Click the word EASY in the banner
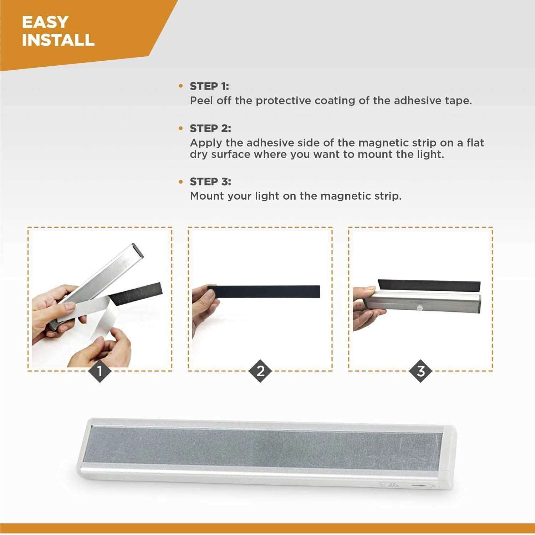point(45,22)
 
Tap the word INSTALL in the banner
point(58,40)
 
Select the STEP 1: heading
point(209,86)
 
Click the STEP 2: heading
point(210,128)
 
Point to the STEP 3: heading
point(210,182)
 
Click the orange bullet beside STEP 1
point(181,86)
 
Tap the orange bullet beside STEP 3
point(181,182)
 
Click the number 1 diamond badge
point(100,371)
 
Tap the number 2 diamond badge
point(260,371)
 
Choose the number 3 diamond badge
point(421,371)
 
